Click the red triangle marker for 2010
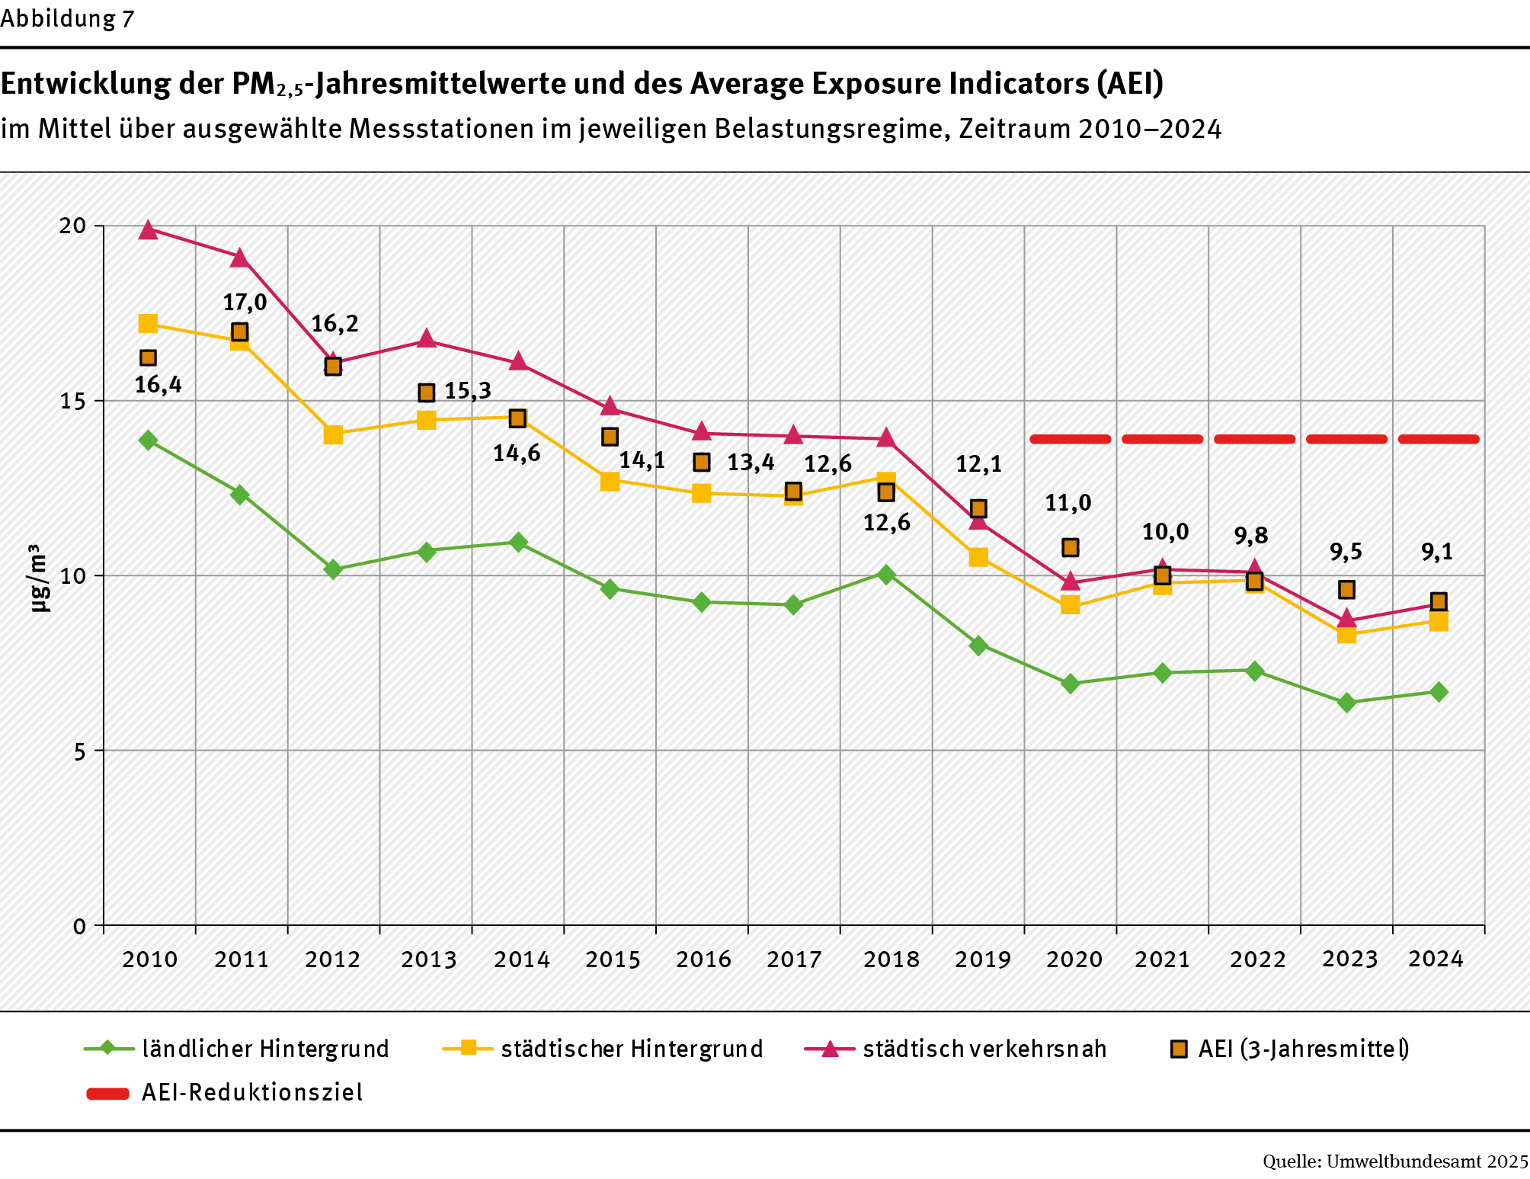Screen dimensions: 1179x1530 click(149, 230)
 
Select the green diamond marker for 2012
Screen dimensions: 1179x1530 click(333, 569)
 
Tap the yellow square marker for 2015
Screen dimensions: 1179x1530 click(610, 481)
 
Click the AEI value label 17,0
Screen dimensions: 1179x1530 click(245, 303)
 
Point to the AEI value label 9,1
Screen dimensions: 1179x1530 click(1437, 552)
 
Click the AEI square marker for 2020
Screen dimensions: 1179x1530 click(1070, 547)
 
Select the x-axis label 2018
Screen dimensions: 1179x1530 click(891, 959)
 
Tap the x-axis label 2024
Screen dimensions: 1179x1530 click(1436, 959)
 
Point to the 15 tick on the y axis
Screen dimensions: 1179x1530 click(73, 401)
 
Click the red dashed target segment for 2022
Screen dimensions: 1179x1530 click(1254, 439)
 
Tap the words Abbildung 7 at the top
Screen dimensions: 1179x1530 click(67, 18)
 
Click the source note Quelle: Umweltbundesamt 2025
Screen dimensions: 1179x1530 click(1395, 1161)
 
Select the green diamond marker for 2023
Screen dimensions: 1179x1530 click(1346, 703)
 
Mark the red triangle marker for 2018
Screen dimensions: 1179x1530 click(886, 437)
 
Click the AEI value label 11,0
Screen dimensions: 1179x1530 click(1067, 503)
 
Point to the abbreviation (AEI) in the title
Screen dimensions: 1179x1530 click(1130, 84)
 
